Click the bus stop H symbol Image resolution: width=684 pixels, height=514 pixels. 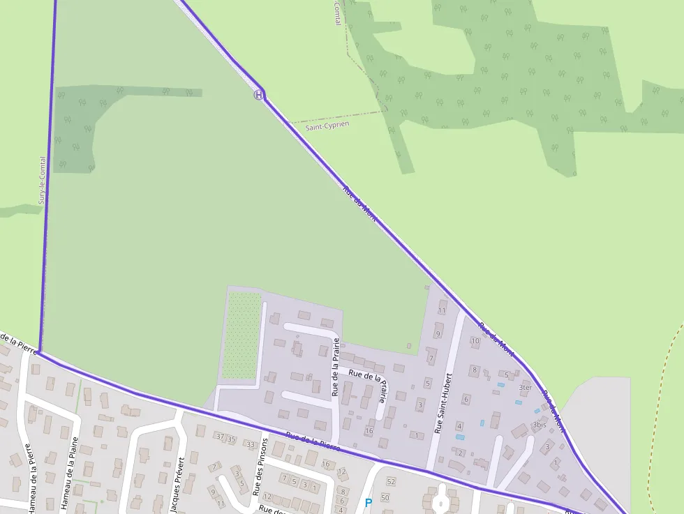coord(259,95)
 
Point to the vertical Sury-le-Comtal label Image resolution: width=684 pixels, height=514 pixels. coord(43,180)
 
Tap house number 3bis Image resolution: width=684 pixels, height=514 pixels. coord(539,424)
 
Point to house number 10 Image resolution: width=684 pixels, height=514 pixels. coord(475,341)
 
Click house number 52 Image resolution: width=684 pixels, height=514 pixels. coord(391,482)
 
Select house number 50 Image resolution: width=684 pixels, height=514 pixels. coord(384,497)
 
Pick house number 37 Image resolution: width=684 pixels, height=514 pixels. coord(221,437)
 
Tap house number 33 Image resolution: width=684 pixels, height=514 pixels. coord(250,444)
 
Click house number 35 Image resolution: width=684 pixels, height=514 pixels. coord(232,439)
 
